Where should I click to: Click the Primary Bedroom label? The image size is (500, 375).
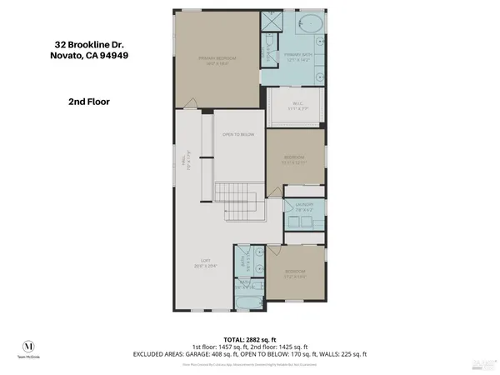[217, 60]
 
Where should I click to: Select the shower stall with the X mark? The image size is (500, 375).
[272, 23]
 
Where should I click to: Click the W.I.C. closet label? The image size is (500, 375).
[297, 106]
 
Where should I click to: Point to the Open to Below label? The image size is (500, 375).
[237, 133]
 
